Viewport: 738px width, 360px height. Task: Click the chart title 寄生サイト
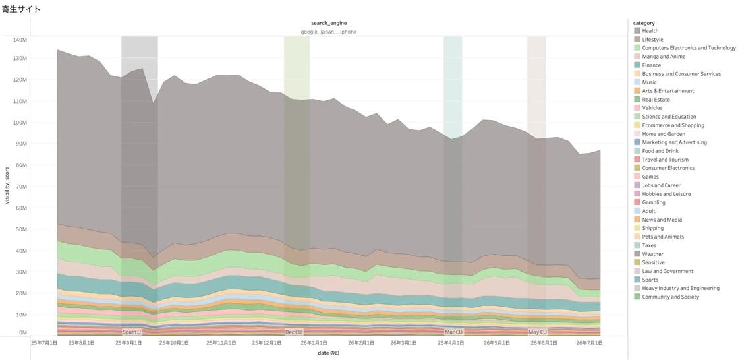pyautogui.click(x=21, y=9)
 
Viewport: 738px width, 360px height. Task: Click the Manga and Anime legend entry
pyautogui.click(x=664, y=57)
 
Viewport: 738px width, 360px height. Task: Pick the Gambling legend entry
pyautogui.click(x=654, y=202)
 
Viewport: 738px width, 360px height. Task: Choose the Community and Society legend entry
pyautogui.click(x=671, y=297)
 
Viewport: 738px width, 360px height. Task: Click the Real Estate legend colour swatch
pyautogui.click(x=637, y=100)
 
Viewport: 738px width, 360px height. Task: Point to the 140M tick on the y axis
pyautogui.click(x=20, y=40)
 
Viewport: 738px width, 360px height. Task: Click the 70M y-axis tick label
pyautogui.click(x=22, y=187)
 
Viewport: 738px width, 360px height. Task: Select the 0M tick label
pyautogui.click(x=23, y=333)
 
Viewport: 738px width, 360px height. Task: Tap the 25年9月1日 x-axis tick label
pyautogui.click(x=129, y=343)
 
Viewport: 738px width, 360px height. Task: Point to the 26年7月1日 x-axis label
pyautogui.click(x=590, y=343)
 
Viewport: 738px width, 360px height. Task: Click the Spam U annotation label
pyautogui.click(x=131, y=332)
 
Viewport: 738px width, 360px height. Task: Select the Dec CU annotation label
pyautogui.click(x=294, y=332)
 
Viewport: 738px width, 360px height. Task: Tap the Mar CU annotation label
pyautogui.click(x=454, y=332)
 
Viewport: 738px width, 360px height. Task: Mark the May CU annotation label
pyautogui.click(x=538, y=332)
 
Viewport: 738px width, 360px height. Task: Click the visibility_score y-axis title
pyautogui.click(x=7, y=186)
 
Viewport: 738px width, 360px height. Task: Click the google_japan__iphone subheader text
pyautogui.click(x=329, y=32)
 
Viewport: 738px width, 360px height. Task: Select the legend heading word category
pyautogui.click(x=644, y=22)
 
